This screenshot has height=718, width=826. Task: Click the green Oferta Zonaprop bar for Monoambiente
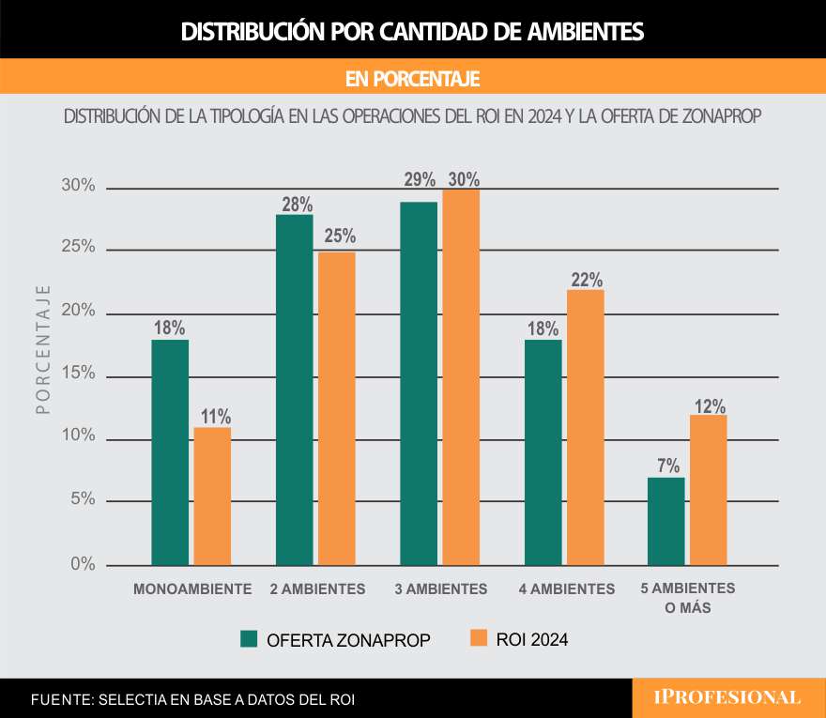coord(170,452)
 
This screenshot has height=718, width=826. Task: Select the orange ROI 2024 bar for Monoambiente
coord(212,496)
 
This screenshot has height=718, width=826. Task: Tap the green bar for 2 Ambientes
coord(294,390)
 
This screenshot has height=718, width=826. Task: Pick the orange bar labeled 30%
coord(461,377)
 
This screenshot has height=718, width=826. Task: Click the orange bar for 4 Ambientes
coord(585,427)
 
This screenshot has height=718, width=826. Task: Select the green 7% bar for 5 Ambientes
coord(666,521)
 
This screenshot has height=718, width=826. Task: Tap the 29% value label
coord(420,179)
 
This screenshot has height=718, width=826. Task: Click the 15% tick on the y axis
coord(80,373)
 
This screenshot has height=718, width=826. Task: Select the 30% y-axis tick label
coord(79,186)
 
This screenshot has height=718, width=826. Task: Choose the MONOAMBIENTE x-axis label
coord(192,589)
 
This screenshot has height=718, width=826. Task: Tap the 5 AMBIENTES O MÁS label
coord(688,597)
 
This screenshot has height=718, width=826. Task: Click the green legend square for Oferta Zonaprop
coord(249,639)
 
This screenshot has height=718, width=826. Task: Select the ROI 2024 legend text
coord(533,640)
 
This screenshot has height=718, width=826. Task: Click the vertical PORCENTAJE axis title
coord(43,350)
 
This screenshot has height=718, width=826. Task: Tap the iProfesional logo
coord(727,697)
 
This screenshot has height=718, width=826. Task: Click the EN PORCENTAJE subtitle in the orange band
coord(413,77)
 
